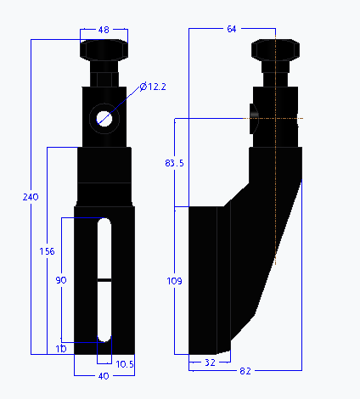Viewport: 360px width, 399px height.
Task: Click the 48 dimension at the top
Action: coord(104,30)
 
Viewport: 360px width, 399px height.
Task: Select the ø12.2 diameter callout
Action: coord(154,87)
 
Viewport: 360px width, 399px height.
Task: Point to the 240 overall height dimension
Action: coord(31,197)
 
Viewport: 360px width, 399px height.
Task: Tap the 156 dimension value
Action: coord(48,251)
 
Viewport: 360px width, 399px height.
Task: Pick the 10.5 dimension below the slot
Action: coord(124,363)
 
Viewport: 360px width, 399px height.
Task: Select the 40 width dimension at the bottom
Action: coord(103,376)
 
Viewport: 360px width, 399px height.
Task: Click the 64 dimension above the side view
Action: coord(232,30)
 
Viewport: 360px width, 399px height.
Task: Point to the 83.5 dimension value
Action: coord(175,163)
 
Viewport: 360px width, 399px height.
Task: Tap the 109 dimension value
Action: coord(175,280)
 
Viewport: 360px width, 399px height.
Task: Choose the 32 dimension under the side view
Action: coord(209,362)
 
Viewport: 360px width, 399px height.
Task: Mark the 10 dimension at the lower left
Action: coord(60,349)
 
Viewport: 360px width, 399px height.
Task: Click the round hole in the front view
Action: coord(104,117)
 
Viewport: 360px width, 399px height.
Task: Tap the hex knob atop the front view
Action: coord(104,51)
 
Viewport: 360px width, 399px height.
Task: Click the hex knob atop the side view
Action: coord(276,51)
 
